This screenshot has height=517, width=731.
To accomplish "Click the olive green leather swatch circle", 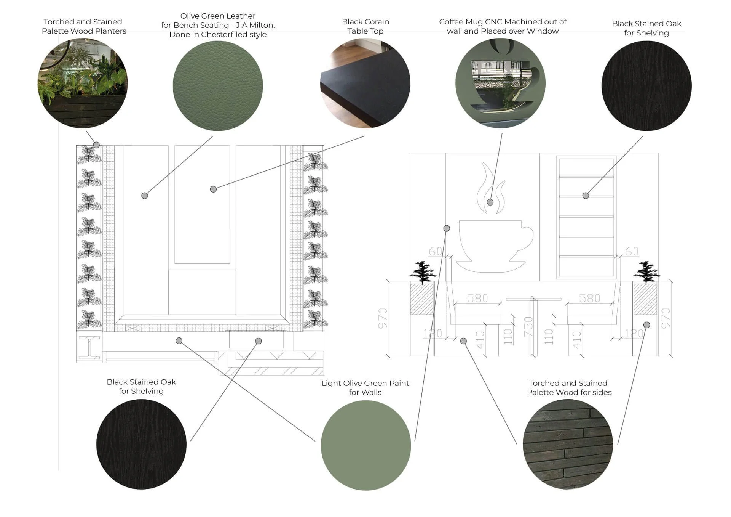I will pyautogui.click(x=218, y=86).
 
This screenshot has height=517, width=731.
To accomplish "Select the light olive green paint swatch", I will pyautogui.click(x=365, y=445).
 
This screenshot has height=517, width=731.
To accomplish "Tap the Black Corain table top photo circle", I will pyautogui.click(x=365, y=83).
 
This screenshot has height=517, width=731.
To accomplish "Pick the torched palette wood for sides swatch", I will pyautogui.click(x=568, y=444).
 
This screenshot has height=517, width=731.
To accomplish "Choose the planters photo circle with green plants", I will pyautogui.click(x=83, y=83).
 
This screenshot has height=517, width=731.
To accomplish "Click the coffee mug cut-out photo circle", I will pyautogui.click(x=500, y=83).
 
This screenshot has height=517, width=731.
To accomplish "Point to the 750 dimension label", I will pyautogui.click(x=528, y=326).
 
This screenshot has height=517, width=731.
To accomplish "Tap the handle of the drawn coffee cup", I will pyautogui.click(x=526, y=236).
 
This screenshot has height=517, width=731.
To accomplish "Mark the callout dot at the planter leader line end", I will pyautogui.click(x=97, y=145).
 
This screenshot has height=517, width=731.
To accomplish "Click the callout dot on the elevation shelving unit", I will pyautogui.click(x=586, y=196).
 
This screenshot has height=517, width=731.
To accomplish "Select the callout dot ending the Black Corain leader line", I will pyautogui.click(x=214, y=189).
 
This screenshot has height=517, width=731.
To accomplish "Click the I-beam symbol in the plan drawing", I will pyautogui.click(x=90, y=347).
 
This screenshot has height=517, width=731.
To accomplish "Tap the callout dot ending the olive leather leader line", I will pyautogui.click(x=145, y=196).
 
